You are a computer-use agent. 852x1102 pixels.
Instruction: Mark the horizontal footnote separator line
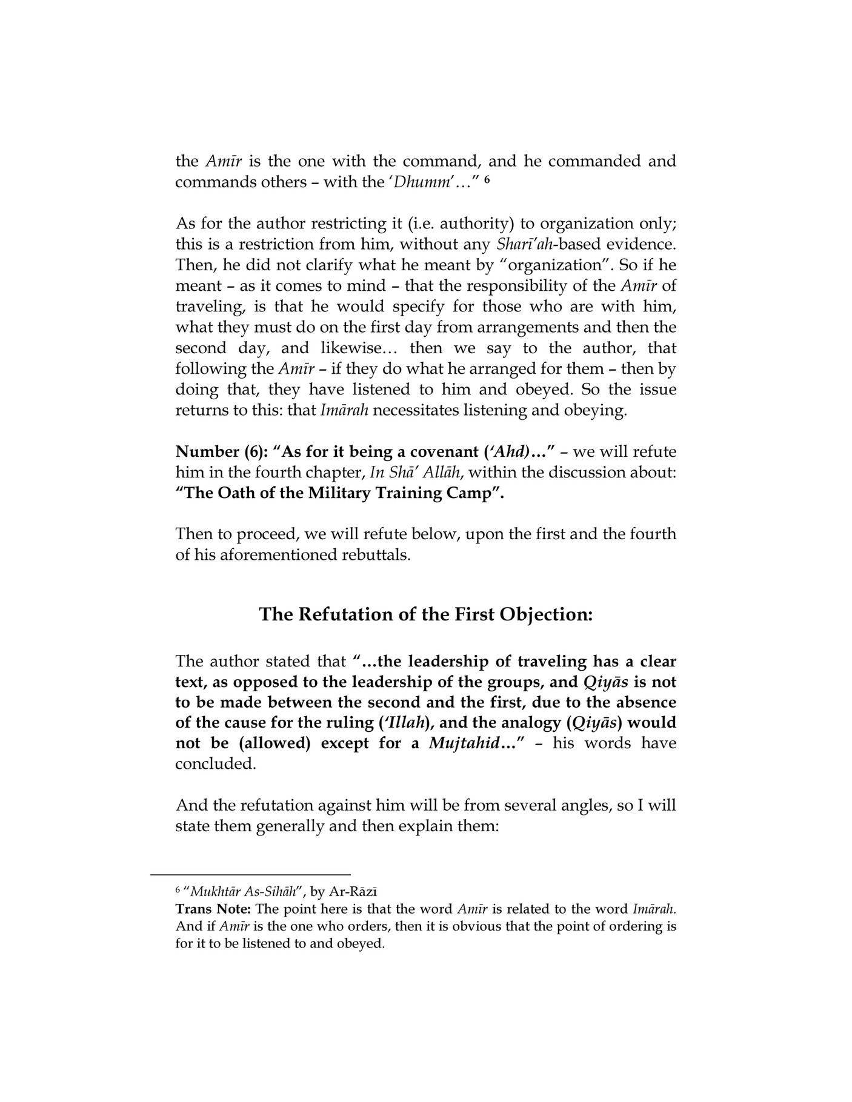coord(250,875)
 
